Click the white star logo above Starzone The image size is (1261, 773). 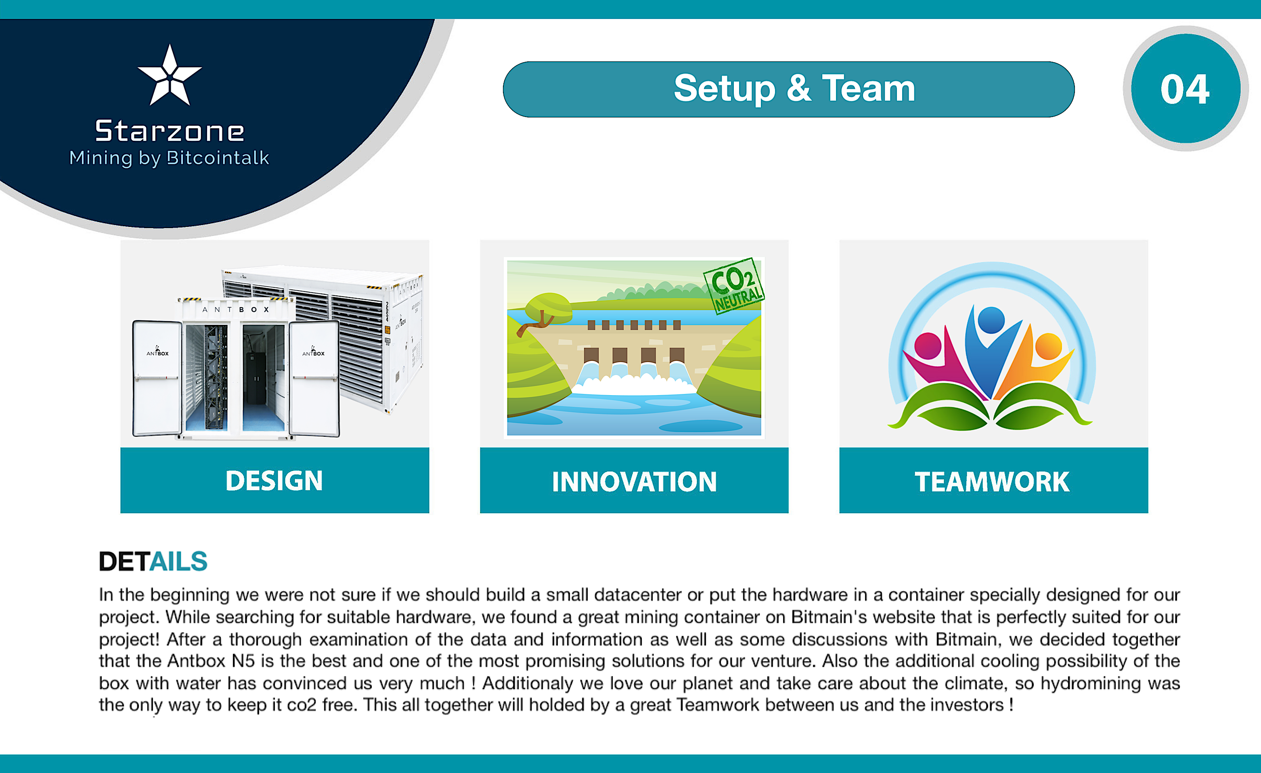tap(170, 76)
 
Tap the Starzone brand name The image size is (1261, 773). tap(170, 131)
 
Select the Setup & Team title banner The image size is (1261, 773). tap(789, 89)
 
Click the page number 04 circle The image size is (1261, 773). tap(1186, 88)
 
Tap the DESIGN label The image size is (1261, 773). tap(274, 481)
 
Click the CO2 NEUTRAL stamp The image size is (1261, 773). tap(734, 286)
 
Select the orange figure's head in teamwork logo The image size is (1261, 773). tap(1049, 346)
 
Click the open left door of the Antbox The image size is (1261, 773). tap(157, 378)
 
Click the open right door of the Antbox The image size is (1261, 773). tap(314, 378)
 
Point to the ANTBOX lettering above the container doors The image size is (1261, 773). tap(236, 310)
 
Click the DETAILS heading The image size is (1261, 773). tap(153, 561)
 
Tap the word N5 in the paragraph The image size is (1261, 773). tap(243, 661)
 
